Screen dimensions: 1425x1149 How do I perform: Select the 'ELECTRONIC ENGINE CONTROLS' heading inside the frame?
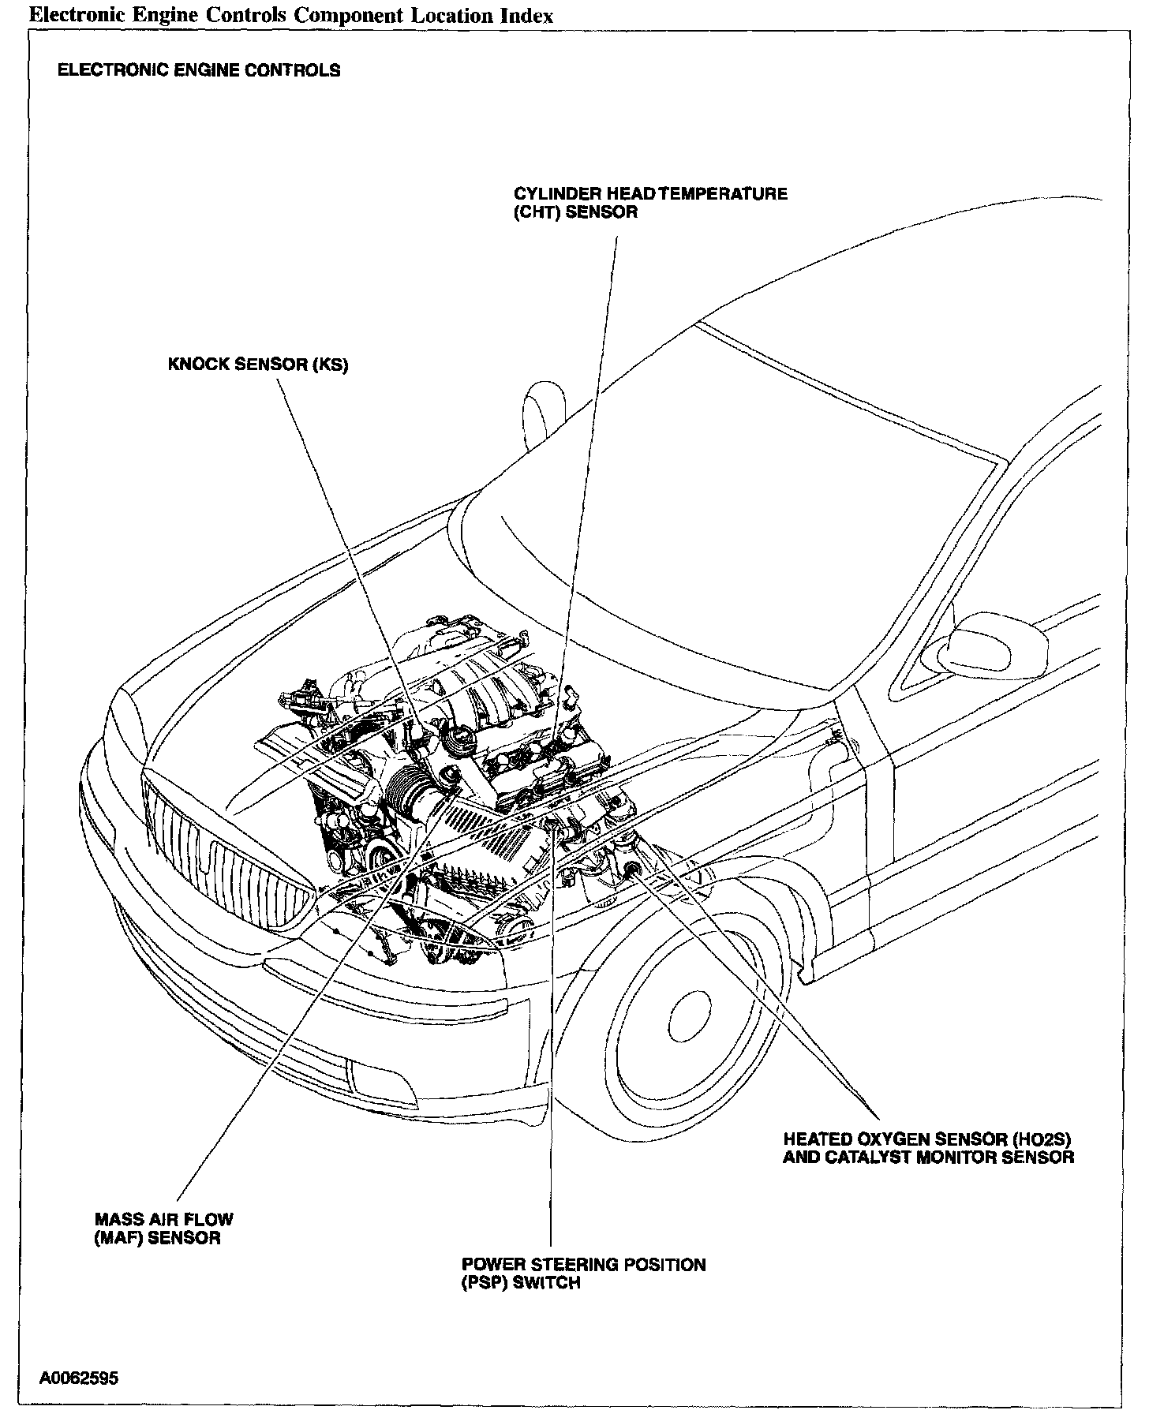pos(199,70)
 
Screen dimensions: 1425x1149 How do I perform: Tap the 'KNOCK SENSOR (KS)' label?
pos(257,365)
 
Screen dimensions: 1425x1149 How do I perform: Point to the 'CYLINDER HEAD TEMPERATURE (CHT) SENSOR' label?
pos(650,203)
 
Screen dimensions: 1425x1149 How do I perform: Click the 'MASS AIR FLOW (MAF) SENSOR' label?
pos(163,1228)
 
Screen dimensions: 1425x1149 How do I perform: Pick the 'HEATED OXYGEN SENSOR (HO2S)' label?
pos(927,1139)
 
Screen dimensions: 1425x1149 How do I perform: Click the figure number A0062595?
pos(79,1378)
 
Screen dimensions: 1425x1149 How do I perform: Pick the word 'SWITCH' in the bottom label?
pos(547,1283)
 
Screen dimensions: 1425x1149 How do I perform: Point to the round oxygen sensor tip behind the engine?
pos(632,869)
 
